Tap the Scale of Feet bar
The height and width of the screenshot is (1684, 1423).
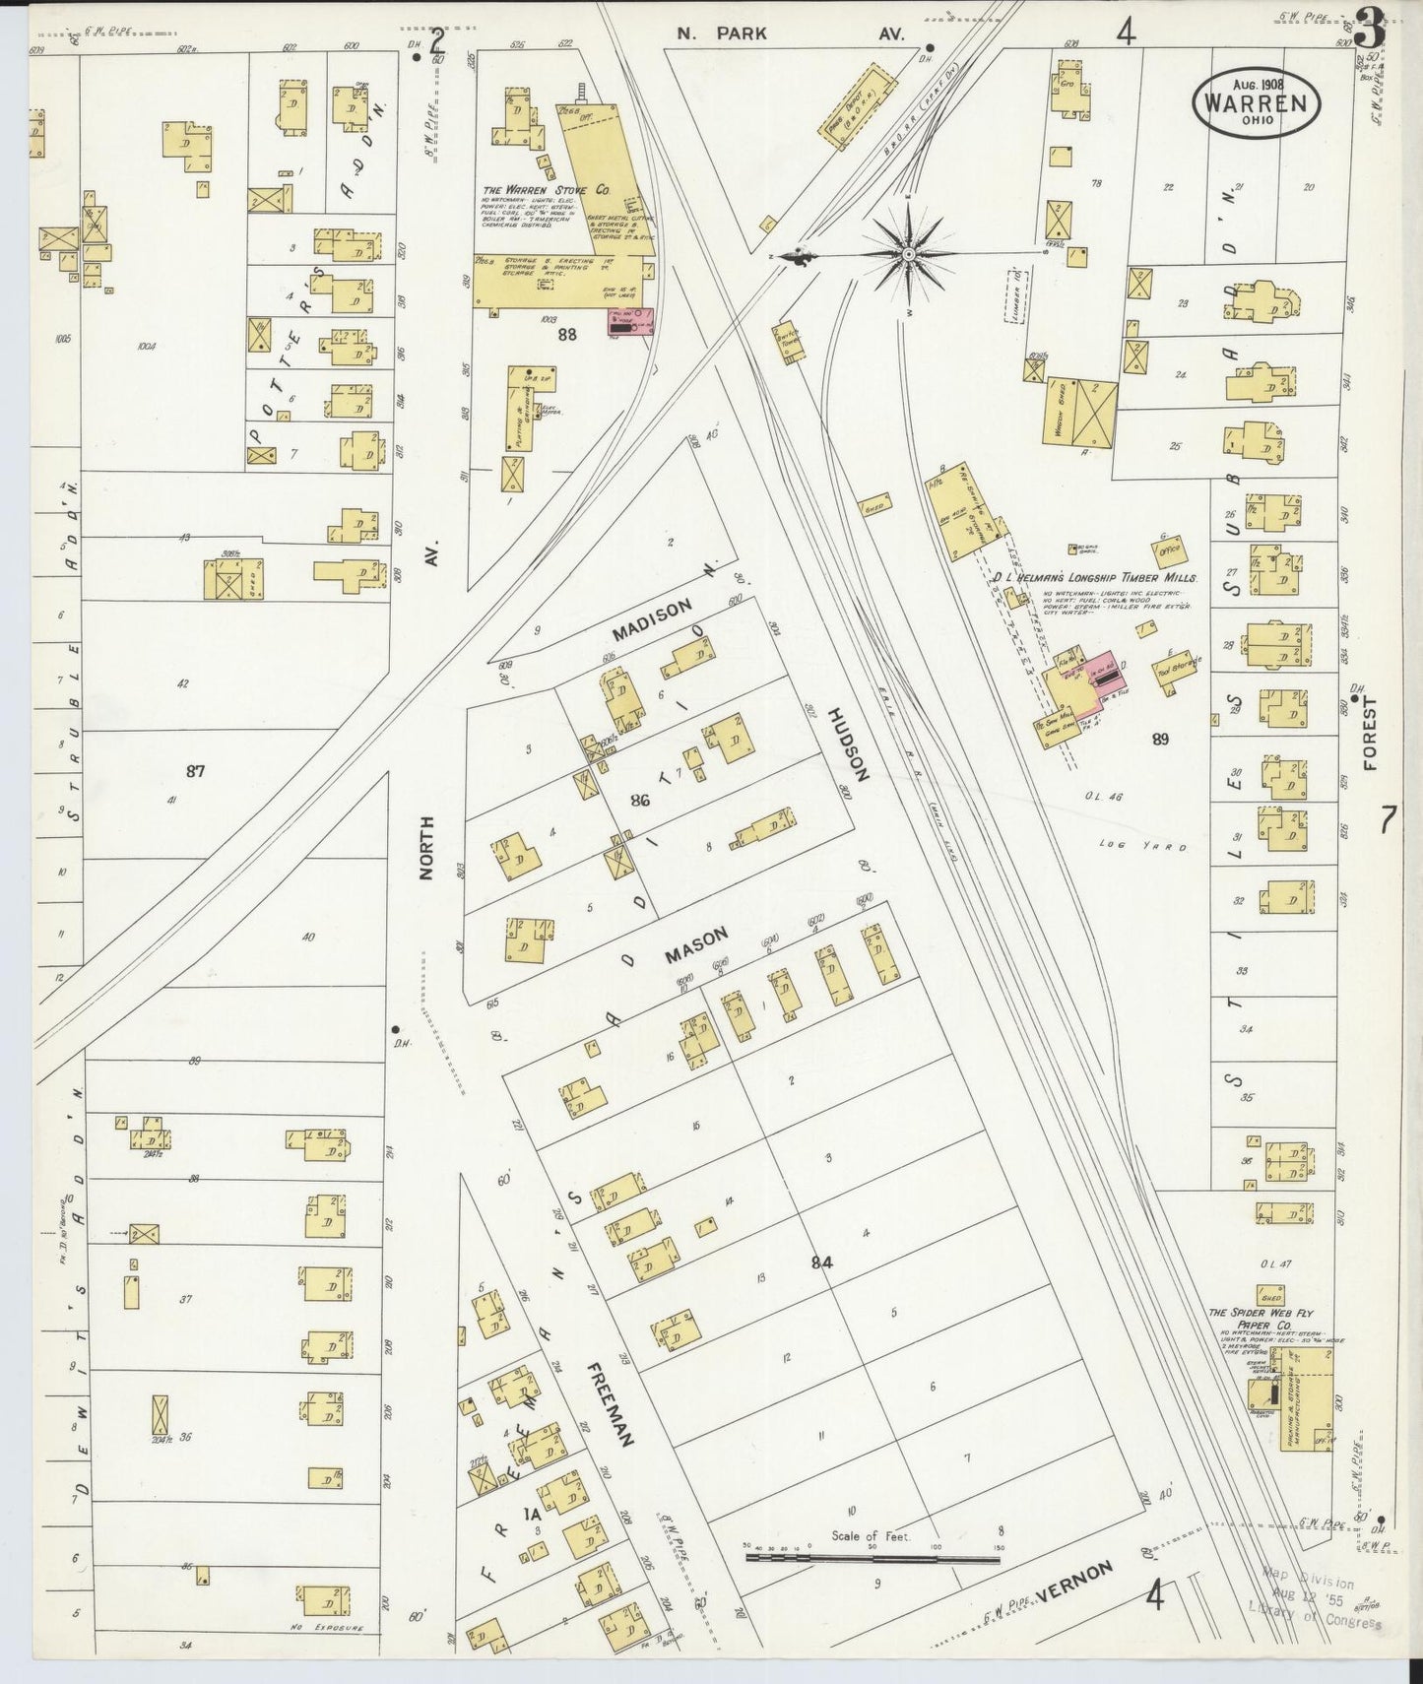tap(872, 1559)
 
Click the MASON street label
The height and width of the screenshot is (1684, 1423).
tap(694, 944)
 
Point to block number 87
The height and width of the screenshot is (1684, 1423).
tap(195, 770)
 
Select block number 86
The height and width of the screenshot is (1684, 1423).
tap(640, 801)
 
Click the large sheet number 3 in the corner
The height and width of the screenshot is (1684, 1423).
tap(1370, 28)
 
